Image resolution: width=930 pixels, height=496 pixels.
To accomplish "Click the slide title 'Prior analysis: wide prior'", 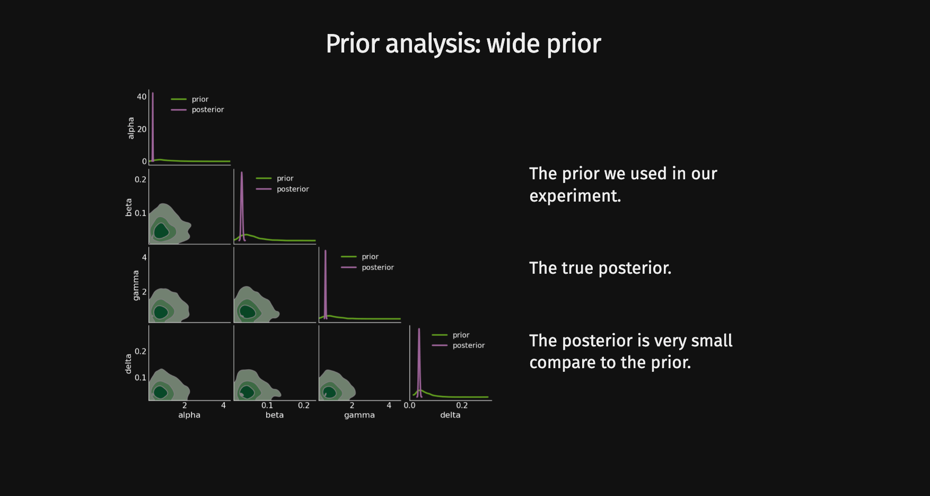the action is (463, 43).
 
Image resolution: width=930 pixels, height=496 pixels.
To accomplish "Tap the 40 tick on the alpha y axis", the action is (142, 97).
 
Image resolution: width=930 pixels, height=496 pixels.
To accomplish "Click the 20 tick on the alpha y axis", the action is (142, 129).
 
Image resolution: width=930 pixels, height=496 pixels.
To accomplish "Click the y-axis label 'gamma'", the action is (136, 285).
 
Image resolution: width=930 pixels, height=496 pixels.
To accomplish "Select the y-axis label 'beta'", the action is (128, 207).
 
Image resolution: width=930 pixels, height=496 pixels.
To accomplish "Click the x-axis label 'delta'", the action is (450, 415).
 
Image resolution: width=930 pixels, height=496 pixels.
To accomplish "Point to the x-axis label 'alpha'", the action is (189, 415).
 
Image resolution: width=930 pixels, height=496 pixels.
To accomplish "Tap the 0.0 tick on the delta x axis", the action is (409, 405).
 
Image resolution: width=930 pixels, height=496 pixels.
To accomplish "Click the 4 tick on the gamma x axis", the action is (389, 405).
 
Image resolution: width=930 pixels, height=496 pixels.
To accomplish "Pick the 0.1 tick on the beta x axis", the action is (267, 405).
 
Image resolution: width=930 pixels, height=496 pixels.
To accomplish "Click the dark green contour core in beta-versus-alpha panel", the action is (161, 231).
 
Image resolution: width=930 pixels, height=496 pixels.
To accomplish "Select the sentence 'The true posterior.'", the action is (600, 268).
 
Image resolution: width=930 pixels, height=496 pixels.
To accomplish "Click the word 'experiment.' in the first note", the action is (575, 196).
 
